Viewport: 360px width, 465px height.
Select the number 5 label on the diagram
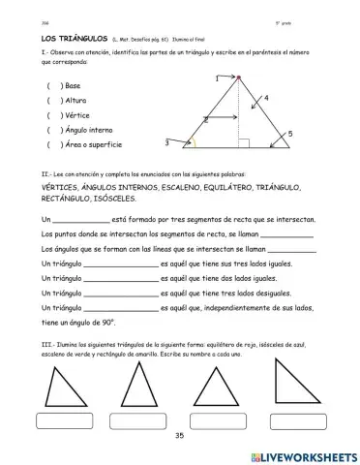tap(291, 134)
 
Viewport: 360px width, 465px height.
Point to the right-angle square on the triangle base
tap(243, 144)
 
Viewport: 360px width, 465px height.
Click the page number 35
tap(179, 437)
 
